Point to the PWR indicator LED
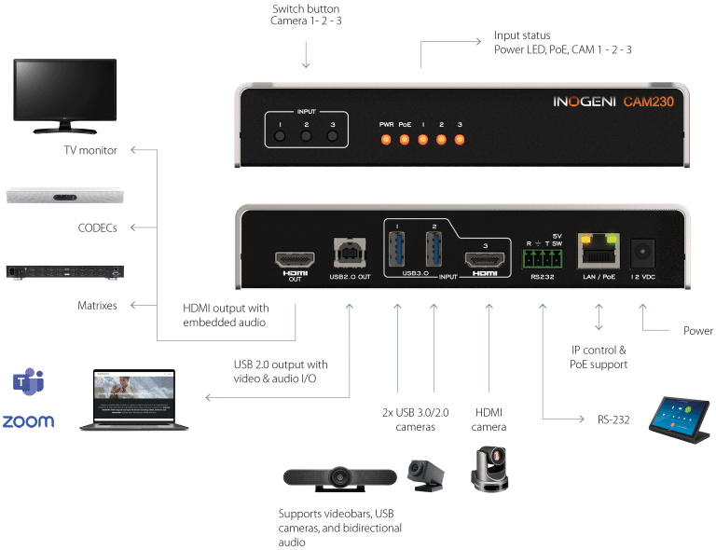click(385, 140)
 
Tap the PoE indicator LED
click(405, 140)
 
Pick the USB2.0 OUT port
click(350, 254)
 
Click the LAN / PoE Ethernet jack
click(599, 249)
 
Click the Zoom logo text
click(28, 421)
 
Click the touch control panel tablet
click(682, 415)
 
